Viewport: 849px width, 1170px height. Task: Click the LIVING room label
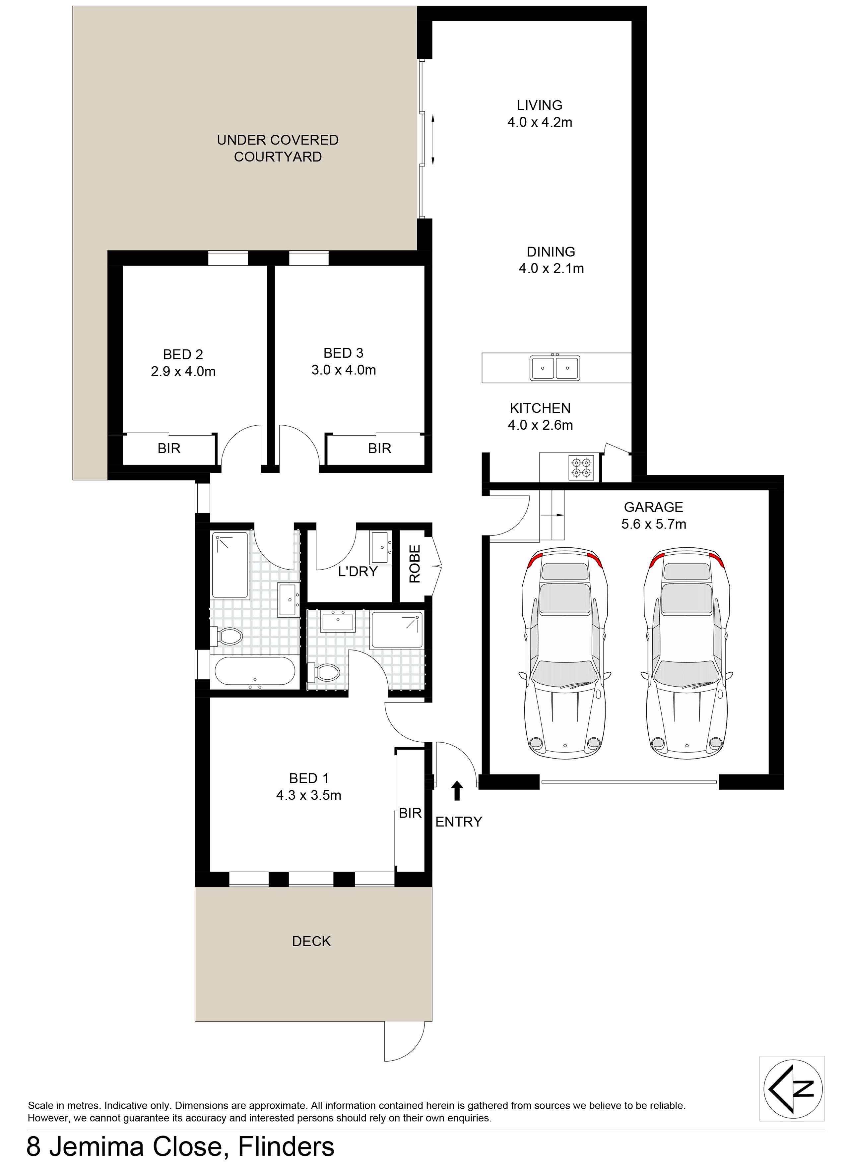[x=539, y=105]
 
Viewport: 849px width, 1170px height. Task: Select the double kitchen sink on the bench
[x=555, y=368]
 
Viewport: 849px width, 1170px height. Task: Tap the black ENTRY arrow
[x=457, y=790]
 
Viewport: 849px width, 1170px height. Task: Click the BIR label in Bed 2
[x=169, y=448]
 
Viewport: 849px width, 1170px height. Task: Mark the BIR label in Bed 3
[x=379, y=448]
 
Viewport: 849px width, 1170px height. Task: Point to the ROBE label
[x=415, y=564]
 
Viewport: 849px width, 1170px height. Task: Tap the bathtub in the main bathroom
[x=254, y=671]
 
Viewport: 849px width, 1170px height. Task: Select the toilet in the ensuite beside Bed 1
[x=324, y=672]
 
